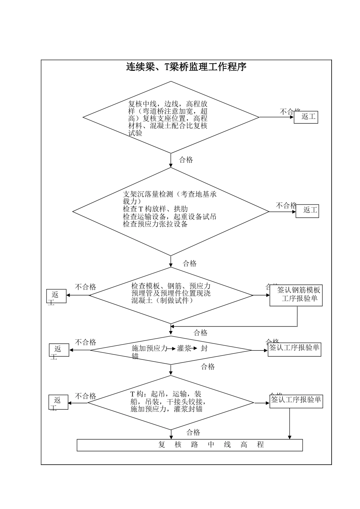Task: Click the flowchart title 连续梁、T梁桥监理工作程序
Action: point(186,67)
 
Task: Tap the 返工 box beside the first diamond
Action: point(306,117)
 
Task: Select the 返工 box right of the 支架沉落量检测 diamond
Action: point(307,211)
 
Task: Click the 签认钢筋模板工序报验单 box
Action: point(296,295)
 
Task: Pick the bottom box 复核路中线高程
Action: point(189,445)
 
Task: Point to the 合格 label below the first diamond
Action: point(186,160)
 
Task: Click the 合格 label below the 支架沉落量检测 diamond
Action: point(190,263)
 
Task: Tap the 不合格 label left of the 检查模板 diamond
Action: point(86,287)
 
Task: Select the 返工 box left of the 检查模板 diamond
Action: point(56,296)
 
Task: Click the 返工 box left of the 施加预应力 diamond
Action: point(59,350)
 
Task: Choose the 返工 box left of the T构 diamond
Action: point(59,402)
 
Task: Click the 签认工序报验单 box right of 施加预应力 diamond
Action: point(294,349)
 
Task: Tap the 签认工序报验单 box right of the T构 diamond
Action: point(296,401)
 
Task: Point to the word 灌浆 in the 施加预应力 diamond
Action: point(185,348)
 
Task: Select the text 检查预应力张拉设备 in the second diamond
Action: point(155,224)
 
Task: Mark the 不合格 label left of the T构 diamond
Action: point(86,396)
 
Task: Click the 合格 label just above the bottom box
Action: point(193,432)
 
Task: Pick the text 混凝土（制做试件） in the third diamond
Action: point(163,300)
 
